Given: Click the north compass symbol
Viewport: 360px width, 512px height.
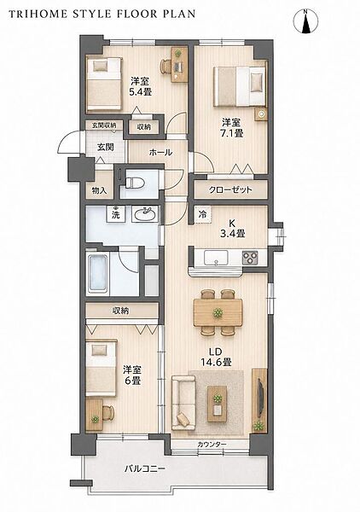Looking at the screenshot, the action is pos(305,21).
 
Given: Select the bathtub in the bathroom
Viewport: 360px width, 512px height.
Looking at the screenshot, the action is pos(98,274).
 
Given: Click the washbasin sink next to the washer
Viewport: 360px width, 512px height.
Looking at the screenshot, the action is pos(145,214).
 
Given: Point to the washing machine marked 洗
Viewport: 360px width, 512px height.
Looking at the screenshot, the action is pos(116,214).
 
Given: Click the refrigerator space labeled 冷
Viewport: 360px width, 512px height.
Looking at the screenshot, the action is pos(203,215).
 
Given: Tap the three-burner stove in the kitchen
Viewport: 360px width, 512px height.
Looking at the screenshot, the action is pos(250,258).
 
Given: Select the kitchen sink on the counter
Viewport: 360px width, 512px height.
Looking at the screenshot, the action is pos(217,258).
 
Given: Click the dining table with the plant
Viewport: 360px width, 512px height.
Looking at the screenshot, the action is pos(218,312).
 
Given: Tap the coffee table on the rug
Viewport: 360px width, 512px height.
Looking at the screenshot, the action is pos(218,404).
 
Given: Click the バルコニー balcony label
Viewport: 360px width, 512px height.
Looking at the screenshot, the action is pos(145,468).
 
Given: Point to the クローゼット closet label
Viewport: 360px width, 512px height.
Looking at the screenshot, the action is pos(230,189).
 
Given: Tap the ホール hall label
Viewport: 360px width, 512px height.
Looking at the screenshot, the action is pos(160,152).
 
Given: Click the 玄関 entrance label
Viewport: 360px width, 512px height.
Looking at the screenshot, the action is pos(106,147).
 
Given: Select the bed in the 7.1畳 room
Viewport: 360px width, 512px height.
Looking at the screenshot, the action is pos(239,86).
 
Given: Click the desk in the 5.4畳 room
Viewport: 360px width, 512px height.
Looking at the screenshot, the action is pos(179,64).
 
